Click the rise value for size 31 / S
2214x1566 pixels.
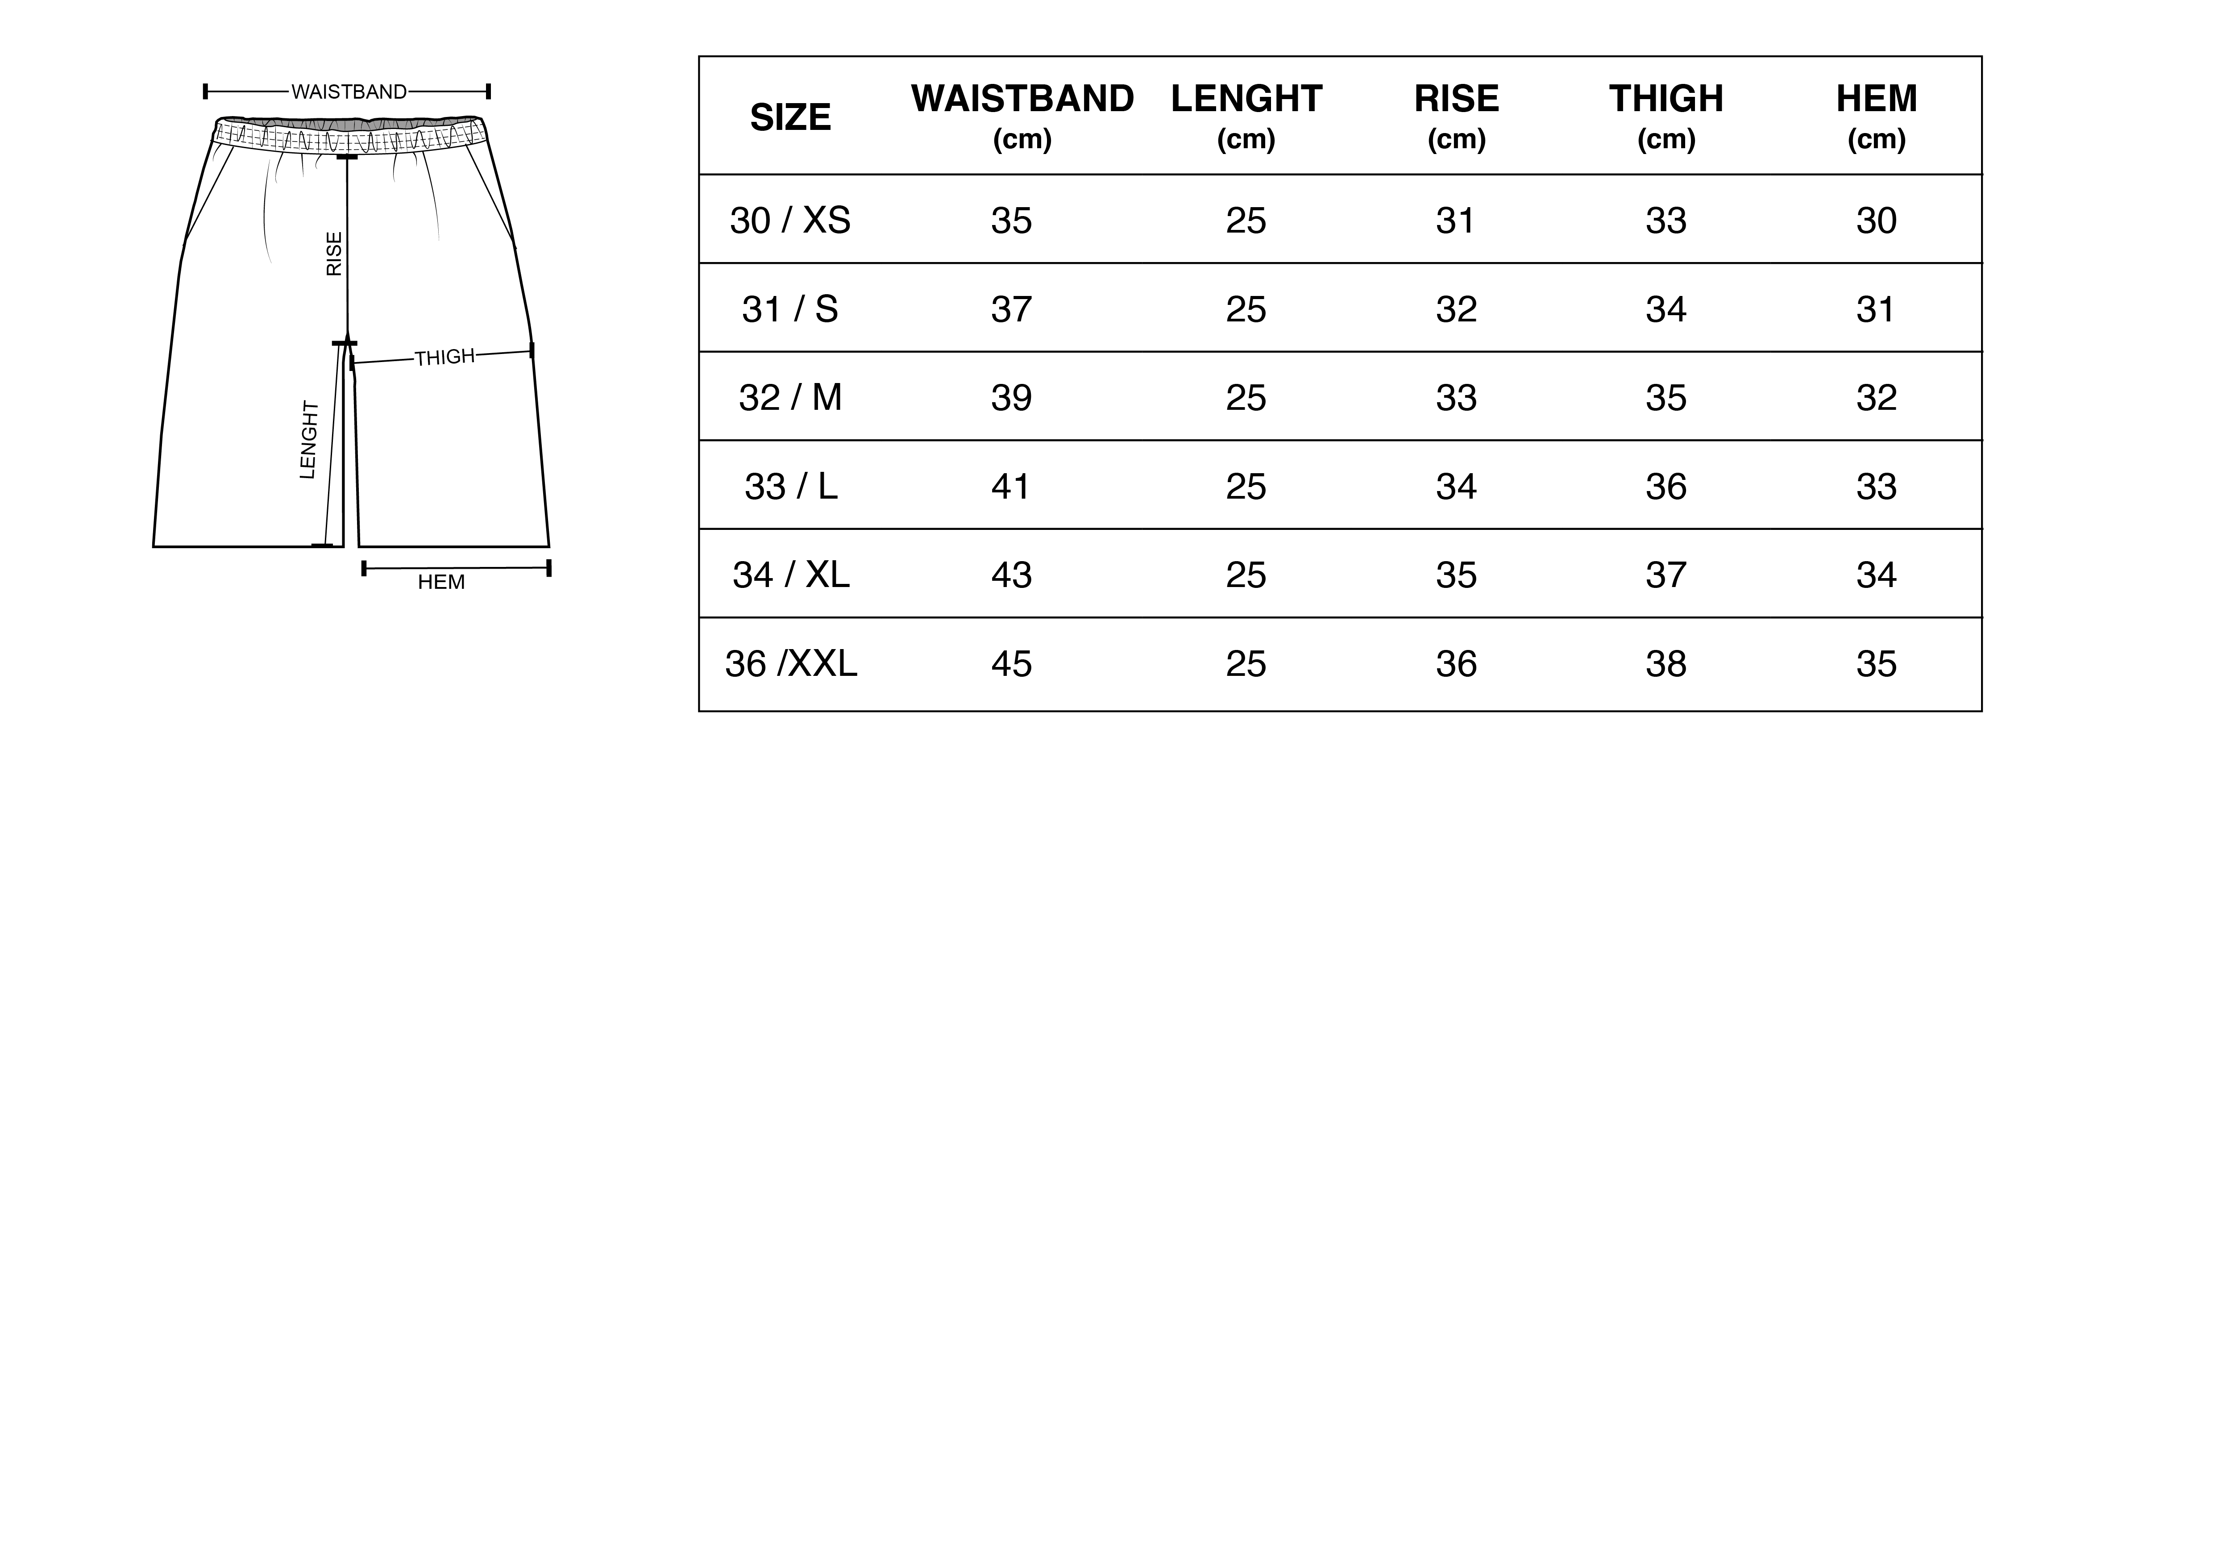(x=1456, y=309)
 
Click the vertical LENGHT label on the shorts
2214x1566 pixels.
(x=308, y=440)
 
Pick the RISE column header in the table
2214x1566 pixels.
(x=1456, y=98)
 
